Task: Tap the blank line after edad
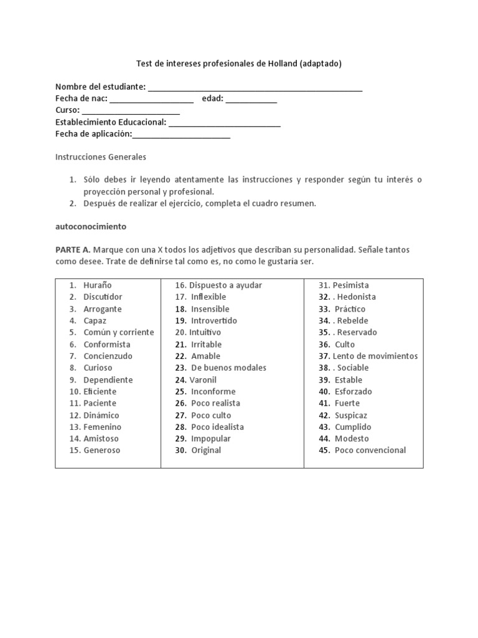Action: point(251,100)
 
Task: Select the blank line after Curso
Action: point(131,112)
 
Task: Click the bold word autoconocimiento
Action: point(91,227)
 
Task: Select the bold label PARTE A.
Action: point(73,249)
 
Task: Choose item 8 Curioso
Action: point(98,368)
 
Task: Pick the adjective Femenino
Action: point(103,427)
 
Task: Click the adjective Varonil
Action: point(204,379)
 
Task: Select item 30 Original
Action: point(206,450)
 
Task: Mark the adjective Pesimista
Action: point(350,285)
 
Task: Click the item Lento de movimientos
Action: point(375,356)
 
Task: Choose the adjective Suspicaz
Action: point(351,415)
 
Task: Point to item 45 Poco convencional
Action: point(370,450)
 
